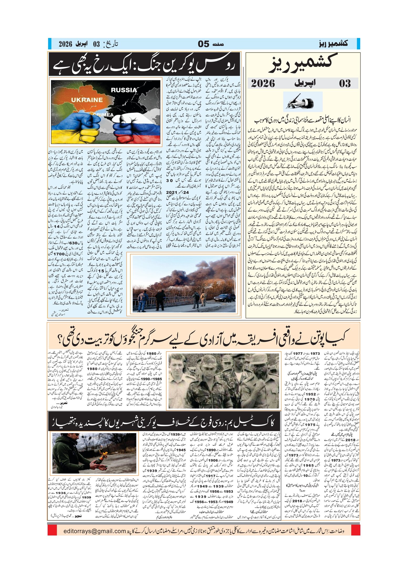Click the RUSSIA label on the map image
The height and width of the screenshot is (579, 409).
(x=124, y=90)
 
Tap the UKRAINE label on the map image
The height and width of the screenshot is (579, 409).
(x=87, y=100)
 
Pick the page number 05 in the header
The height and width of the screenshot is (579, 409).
(x=203, y=44)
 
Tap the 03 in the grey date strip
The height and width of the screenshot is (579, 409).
(x=345, y=83)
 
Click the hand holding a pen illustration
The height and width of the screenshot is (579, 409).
(x=303, y=102)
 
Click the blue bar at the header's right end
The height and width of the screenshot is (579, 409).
(x=358, y=44)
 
